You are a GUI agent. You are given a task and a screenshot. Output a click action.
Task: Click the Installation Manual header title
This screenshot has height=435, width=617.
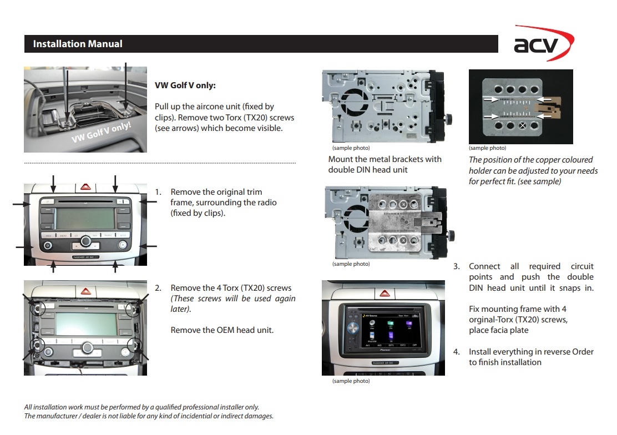78,44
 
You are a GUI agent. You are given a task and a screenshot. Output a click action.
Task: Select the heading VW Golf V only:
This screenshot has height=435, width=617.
185,86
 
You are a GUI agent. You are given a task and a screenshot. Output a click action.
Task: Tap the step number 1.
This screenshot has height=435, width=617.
158,192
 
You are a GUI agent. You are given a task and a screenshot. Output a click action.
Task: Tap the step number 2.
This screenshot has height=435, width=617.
158,288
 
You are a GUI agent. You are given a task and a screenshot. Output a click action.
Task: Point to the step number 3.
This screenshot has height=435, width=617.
457,266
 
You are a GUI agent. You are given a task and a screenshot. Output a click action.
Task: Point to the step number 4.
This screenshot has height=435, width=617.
457,352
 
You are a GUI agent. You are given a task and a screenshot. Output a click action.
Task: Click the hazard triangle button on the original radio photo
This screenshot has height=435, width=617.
85,188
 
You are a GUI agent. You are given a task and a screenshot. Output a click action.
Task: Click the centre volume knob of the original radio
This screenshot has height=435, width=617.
85,242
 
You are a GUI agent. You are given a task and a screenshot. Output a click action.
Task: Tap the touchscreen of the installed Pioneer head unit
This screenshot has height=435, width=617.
386,331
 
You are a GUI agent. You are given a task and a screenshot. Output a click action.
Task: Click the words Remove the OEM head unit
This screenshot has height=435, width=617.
222,330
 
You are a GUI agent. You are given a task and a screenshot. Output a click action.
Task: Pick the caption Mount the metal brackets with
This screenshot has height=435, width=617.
385,159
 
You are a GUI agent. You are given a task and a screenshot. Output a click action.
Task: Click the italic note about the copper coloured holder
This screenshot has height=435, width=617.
533,170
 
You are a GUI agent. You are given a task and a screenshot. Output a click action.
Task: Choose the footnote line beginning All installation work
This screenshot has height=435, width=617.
141,407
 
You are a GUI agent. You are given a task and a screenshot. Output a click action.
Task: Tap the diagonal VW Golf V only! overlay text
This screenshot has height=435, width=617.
101,131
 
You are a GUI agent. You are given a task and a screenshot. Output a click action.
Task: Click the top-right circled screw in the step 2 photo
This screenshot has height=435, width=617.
132,308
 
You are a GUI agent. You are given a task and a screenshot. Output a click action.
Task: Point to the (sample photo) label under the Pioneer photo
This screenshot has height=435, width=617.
351,381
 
